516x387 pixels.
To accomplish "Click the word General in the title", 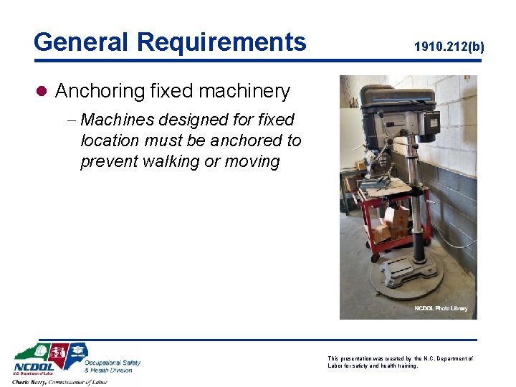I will (80, 42).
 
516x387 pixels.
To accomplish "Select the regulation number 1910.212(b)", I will (449, 47).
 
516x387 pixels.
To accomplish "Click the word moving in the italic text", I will (251, 161).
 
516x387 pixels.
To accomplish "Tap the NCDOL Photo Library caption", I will (441, 308).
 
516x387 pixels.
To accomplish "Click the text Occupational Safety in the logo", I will (113, 363).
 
